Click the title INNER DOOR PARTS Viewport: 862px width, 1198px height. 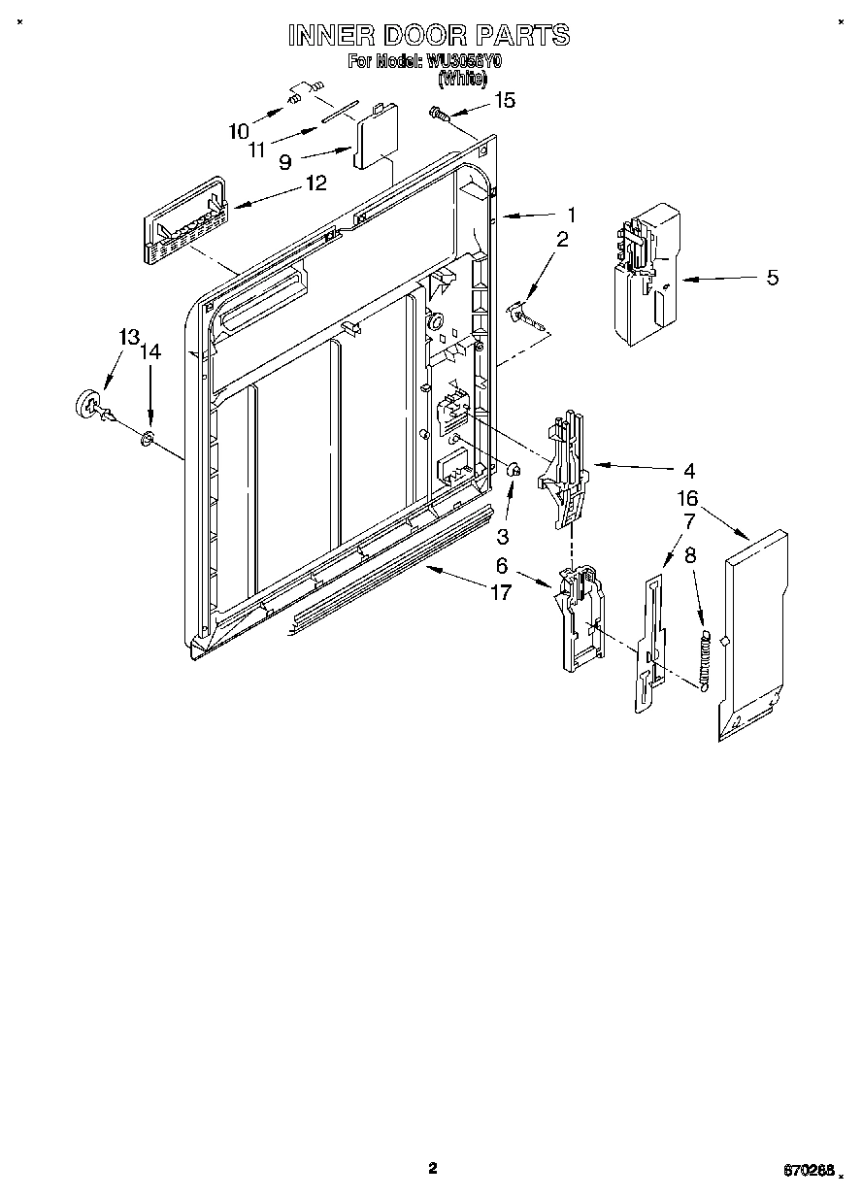point(429,36)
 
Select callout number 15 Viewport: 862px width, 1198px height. point(505,99)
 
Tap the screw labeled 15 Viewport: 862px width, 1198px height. point(439,116)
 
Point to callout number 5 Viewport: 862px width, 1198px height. point(772,278)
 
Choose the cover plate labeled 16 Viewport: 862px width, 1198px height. point(752,636)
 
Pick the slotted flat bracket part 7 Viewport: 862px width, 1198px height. point(650,646)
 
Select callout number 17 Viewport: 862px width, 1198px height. point(500,591)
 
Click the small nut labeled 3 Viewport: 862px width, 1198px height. point(514,471)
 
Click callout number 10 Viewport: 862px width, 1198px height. point(239,130)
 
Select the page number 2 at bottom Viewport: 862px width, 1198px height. point(433,1168)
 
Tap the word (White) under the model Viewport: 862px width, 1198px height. point(461,79)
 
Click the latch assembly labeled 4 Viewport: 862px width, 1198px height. point(567,469)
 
